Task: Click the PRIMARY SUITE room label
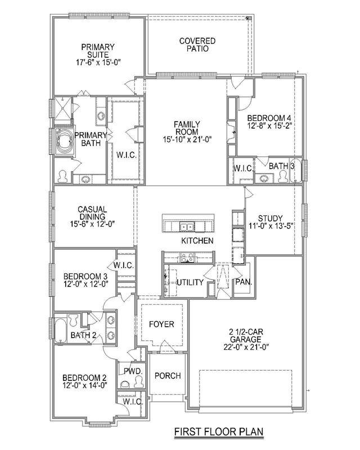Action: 98,51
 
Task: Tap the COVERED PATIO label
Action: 197,45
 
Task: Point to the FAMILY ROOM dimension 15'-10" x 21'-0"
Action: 187,139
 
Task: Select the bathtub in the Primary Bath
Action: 65,141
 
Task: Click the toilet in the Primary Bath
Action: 62,177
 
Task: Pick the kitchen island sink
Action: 187,227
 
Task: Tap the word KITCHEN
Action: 197,241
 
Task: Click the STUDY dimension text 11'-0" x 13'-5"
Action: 270,226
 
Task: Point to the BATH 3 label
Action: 282,166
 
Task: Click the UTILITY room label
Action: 190,282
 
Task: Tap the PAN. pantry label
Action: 244,282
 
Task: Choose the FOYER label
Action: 161,325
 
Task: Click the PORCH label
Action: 168,376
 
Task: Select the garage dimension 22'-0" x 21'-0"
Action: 246,347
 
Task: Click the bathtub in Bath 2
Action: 61,330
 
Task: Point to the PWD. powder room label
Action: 133,371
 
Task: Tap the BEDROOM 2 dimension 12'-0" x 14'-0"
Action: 85,385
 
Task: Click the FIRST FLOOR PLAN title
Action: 219,431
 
